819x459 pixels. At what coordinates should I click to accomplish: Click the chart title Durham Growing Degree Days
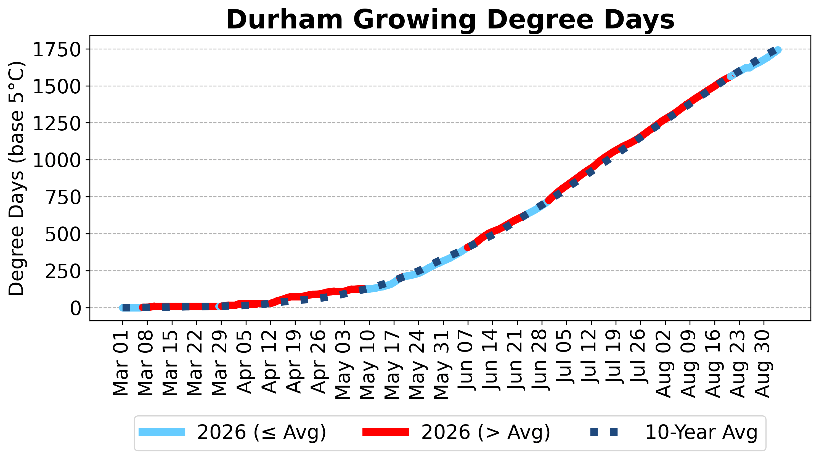click(450, 20)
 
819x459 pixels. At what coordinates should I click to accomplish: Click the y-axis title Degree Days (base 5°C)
click(16, 178)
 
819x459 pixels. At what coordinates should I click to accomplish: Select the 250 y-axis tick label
click(63, 271)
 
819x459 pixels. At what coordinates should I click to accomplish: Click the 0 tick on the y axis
click(76, 308)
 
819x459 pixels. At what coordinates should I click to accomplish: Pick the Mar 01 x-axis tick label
click(121, 363)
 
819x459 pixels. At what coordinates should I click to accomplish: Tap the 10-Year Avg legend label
click(702, 432)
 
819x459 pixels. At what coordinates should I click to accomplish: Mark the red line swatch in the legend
click(386, 432)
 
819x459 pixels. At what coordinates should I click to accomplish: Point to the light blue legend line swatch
click(162, 432)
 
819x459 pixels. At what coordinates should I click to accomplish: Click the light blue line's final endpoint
click(778, 50)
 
